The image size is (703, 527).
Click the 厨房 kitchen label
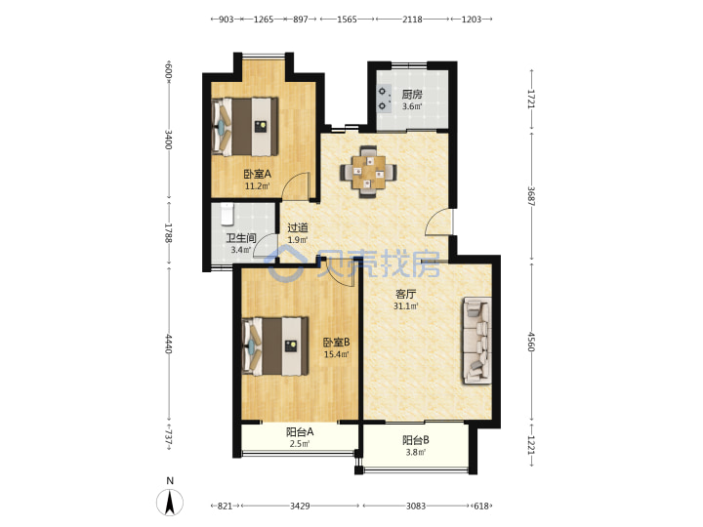[x=412, y=95]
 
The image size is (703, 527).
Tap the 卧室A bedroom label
[x=258, y=174]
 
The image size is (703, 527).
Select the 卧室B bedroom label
[x=336, y=343]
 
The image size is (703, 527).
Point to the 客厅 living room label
[x=406, y=294]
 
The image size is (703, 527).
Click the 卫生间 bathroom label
[x=241, y=238]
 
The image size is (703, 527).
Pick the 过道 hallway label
[x=298, y=227]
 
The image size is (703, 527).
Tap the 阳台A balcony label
[x=300, y=432]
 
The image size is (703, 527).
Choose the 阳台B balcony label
[x=416, y=440]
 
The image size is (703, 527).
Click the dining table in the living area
[x=368, y=172]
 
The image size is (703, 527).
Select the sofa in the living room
[x=477, y=341]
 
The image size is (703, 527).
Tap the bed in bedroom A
[x=245, y=127]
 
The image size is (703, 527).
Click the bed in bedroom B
[x=275, y=345]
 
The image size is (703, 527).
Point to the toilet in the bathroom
[x=227, y=214]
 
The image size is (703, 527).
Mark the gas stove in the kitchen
[x=383, y=99]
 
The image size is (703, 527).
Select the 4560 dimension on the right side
[x=532, y=342]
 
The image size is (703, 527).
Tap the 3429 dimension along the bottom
[x=300, y=506]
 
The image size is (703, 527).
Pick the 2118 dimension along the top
[x=412, y=20]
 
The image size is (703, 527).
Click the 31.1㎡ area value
[x=406, y=306]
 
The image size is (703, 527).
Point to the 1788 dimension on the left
[x=168, y=233]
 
